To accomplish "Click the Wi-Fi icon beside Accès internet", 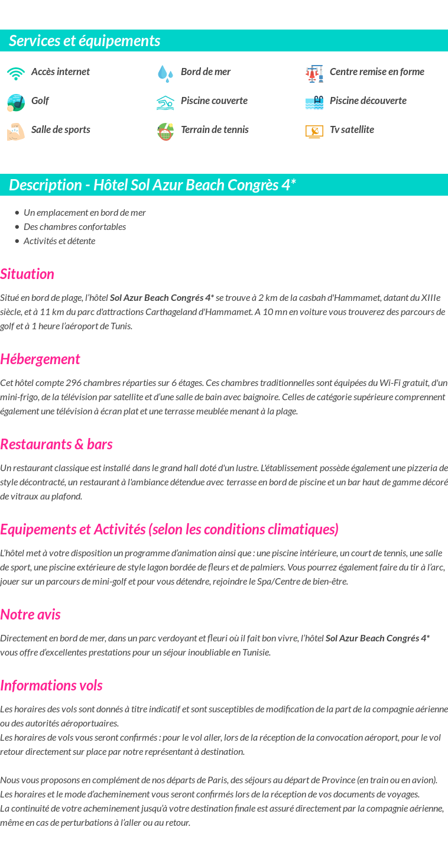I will tap(16, 73).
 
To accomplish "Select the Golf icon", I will tap(16, 102).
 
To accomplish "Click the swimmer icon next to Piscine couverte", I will tap(165, 102).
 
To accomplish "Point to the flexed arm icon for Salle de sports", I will tap(16, 131).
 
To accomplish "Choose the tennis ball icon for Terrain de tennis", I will tap(165, 131).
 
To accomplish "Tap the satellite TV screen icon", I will tap(314, 131).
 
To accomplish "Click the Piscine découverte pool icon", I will tap(314, 102).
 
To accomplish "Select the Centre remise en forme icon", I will tap(314, 73).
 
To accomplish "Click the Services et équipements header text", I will tap(85, 41).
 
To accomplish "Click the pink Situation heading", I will tap(27, 274).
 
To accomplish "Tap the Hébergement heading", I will tap(40, 359).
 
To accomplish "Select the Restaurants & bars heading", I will tap(56, 444).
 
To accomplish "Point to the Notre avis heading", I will tap(30, 614).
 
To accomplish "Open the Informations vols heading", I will tap(51, 685).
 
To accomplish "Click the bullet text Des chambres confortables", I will tap(74, 227).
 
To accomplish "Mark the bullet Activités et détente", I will tap(59, 241).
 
